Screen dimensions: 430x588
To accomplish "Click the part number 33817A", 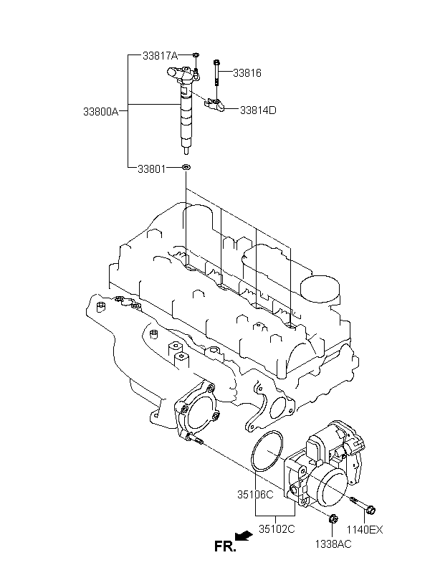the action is (160, 56).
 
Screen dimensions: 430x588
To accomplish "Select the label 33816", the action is (247, 72).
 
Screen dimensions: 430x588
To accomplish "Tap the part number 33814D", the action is (258, 110).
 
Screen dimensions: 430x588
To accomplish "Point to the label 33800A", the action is (101, 112).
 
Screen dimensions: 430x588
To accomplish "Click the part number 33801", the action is (151, 169).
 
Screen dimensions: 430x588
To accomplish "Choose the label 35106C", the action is (255, 495).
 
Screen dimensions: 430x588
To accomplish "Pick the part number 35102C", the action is (277, 528).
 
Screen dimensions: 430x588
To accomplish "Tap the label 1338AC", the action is (333, 544).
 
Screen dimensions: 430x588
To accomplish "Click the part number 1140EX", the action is (364, 529).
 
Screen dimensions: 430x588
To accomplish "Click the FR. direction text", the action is (225, 546).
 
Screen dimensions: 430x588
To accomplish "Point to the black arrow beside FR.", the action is (244, 536).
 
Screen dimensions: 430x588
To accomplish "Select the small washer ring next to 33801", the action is (186, 167).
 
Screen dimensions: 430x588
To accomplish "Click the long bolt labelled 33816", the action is (216, 72).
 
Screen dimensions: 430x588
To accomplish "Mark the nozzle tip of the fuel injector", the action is (186, 151).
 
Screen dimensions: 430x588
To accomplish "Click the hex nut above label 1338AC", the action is (333, 519).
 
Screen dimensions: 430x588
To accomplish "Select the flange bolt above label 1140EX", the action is (363, 505).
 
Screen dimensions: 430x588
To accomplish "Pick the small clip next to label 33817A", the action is (196, 55).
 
